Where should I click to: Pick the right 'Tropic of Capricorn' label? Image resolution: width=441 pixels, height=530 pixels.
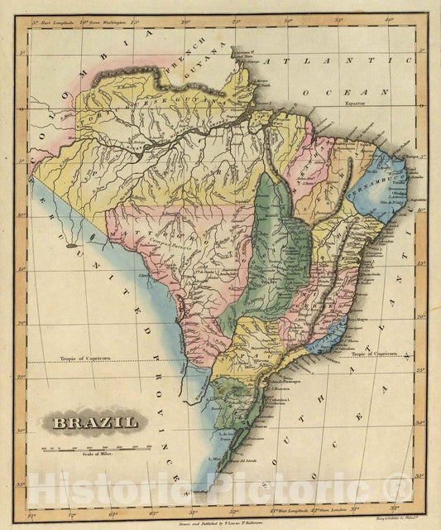[x=378, y=354]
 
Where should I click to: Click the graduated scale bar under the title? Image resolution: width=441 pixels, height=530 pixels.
[x=98, y=448]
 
